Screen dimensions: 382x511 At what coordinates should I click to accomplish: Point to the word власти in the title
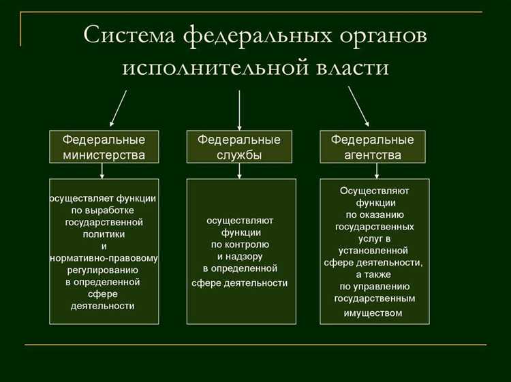347,69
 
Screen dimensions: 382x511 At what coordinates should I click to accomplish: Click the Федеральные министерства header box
104,147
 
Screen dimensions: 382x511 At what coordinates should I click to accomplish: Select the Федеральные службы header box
239,147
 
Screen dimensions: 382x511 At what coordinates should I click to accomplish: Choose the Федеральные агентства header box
373,147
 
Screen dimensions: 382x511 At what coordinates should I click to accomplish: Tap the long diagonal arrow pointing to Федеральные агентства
358,108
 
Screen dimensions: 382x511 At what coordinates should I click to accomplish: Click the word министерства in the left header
104,155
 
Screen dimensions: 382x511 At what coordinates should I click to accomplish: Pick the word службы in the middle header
239,155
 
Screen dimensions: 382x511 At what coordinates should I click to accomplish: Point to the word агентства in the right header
373,155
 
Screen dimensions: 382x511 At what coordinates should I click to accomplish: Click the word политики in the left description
104,234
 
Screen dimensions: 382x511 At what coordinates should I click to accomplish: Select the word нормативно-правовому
104,258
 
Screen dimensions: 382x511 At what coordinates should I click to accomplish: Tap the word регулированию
104,270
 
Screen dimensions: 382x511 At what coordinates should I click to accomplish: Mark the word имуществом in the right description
374,313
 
